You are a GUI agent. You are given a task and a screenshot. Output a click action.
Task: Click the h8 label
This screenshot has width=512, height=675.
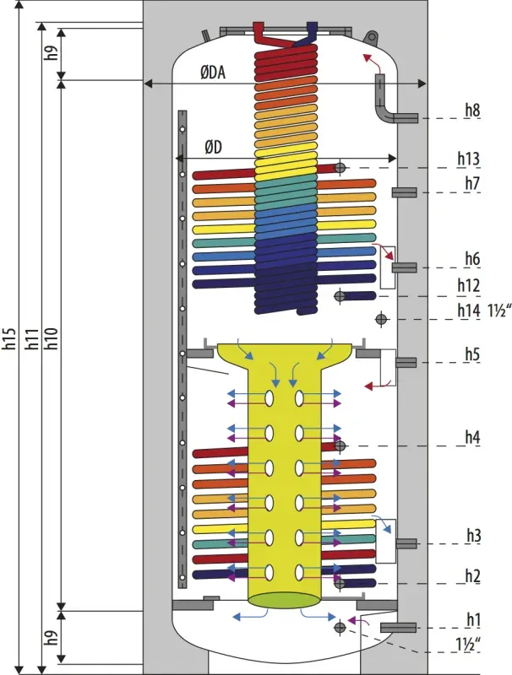472,111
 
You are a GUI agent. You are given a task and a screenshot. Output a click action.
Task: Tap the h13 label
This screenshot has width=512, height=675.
468,159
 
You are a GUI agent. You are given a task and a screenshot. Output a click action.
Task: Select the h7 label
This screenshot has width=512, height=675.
472,183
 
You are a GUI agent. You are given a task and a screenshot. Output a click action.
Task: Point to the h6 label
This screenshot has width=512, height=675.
472,259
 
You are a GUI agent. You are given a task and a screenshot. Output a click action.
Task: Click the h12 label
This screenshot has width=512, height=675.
468,285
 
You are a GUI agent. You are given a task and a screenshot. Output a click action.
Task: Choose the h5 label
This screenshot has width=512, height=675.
472,354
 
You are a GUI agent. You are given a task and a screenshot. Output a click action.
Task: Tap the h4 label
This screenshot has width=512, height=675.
472,437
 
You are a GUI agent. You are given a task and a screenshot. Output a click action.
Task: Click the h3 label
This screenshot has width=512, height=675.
474,536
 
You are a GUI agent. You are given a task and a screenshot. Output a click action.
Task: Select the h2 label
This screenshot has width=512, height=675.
473,575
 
